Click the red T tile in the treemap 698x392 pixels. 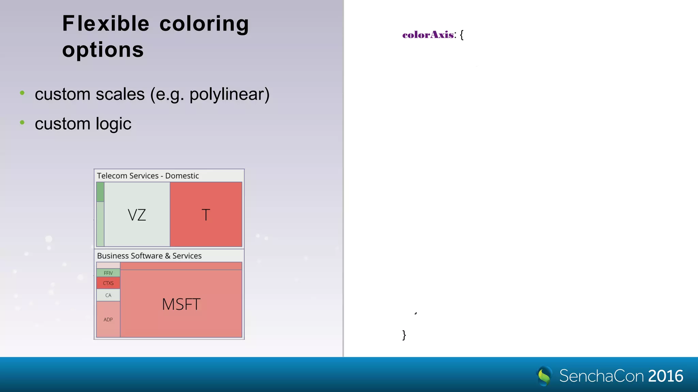click(x=206, y=214)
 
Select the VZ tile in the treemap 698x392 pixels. click(x=137, y=214)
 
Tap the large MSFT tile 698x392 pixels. click(x=181, y=304)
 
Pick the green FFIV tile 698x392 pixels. click(x=108, y=273)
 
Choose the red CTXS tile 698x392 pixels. click(x=108, y=283)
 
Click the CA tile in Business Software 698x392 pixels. click(x=108, y=295)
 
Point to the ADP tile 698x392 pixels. click(x=108, y=319)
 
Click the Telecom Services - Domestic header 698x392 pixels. click(x=148, y=176)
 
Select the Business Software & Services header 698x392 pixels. click(x=149, y=256)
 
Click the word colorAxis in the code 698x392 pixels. click(x=428, y=35)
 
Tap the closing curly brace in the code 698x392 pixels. click(x=404, y=335)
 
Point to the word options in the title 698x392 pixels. click(x=103, y=50)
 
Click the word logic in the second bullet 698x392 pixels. click(x=113, y=124)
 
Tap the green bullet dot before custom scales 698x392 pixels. click(x=22, y=93)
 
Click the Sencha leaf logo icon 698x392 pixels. click(x=544, y=376)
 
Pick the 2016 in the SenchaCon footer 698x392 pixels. click(x=666, y=376)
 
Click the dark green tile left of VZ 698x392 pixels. click(x=100, y=192)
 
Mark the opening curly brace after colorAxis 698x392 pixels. click(x=462, y=35)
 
